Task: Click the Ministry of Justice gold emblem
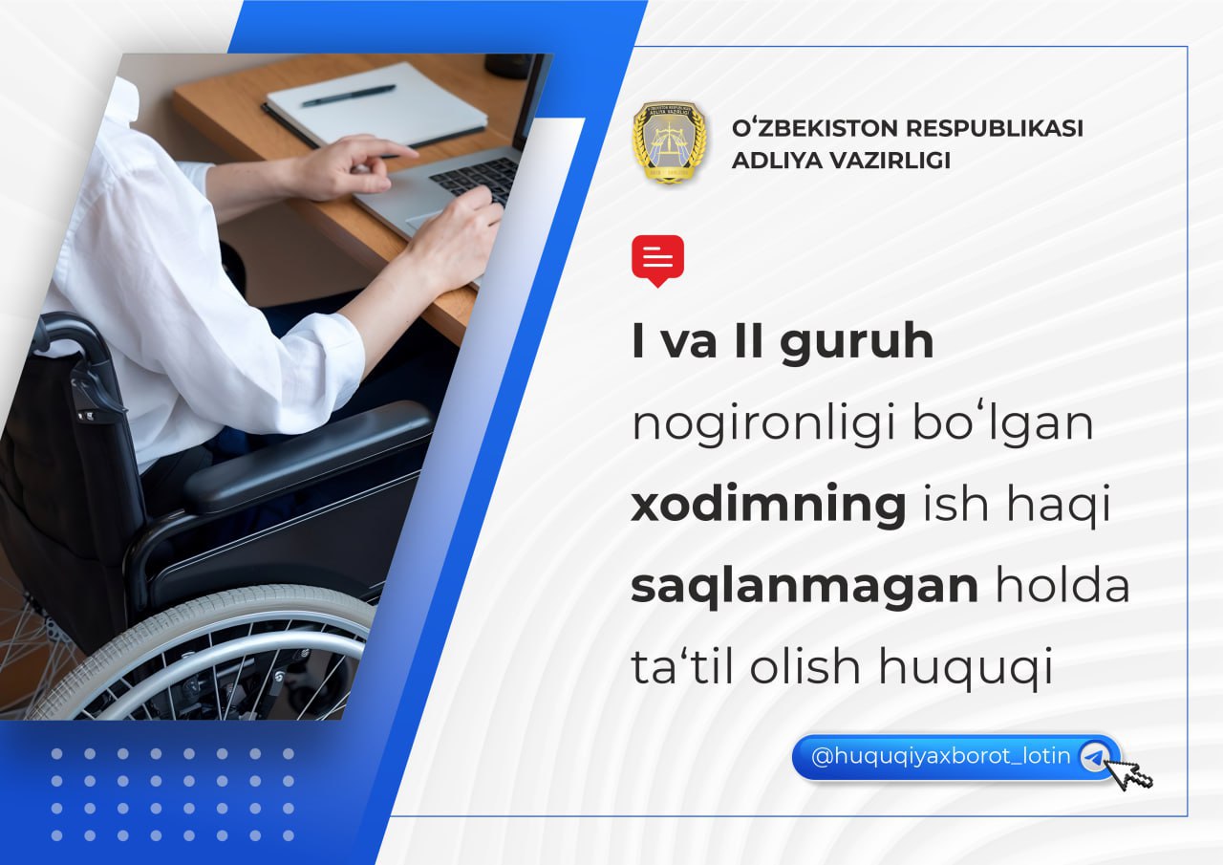pyautogui.click(x=671, y=142)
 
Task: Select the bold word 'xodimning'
pyautogui.click(x=769, y=504)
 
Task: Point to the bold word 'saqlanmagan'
pyautogui.click(x=805, y=588)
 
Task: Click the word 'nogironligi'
pyautogui.click(x=763, y=425)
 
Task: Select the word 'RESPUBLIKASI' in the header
pyautogui.click(x=995, y=128)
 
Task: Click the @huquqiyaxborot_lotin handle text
pyautogui.click(x=941, y=757)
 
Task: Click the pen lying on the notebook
pyautogui.click(x=349, y=97)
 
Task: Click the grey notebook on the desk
pyautogui.click(x=375, y=104)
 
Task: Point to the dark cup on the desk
pyautogui.click(x=508, y=66)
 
